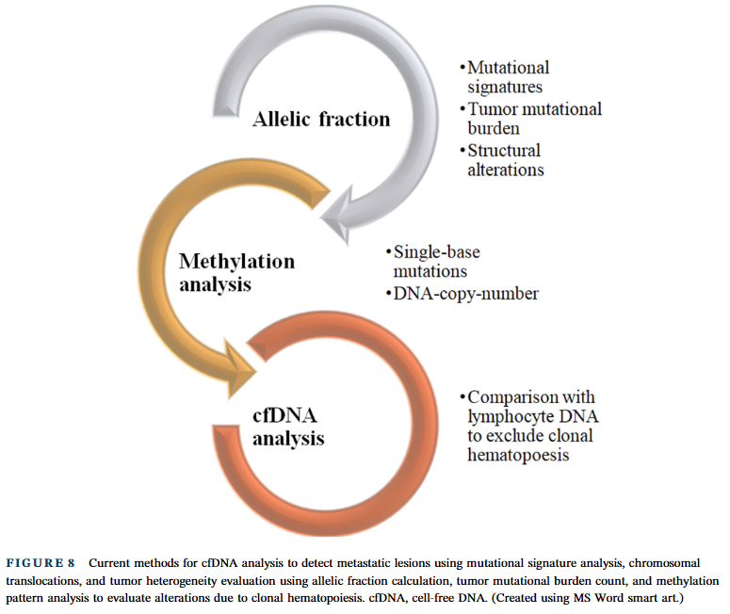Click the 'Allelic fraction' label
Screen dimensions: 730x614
[321, 120]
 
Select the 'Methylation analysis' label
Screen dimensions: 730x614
[237, 272]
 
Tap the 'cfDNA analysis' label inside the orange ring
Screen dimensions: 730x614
[288, 427]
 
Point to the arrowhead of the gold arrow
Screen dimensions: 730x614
[239, 369]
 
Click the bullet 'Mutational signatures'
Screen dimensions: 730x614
[505, 77]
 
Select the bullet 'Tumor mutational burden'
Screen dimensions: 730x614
[530, 119]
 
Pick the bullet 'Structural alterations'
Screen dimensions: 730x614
[502, 160]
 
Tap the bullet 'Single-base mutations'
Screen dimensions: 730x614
[433, 262]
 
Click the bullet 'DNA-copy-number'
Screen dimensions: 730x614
[462, 294]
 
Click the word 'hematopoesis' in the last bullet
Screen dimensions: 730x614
[518, 455]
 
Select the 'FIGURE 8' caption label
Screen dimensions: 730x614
[41, 563]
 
